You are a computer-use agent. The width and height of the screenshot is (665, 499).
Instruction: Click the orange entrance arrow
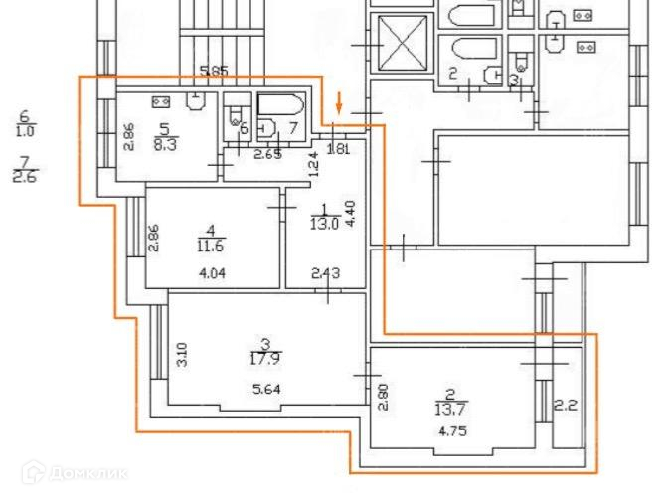click(341, 100)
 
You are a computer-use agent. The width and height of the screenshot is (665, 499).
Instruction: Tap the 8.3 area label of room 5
click(166, 142)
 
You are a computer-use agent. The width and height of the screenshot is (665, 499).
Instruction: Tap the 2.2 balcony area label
click(566, 405)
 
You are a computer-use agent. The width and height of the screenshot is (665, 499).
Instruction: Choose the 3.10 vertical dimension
click(182, 356)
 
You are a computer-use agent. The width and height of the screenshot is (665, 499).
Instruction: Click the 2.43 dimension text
click(323, 274)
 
